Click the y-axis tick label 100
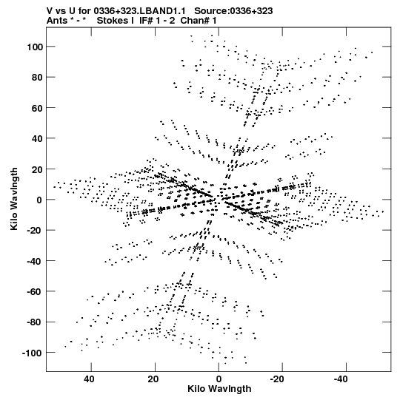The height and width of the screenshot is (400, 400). point(35,47)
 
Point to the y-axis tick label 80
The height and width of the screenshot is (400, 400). point(37,78)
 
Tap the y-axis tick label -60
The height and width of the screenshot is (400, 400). point(35,291)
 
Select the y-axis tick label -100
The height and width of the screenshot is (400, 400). point(32,353)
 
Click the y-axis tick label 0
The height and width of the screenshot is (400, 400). point(39,200)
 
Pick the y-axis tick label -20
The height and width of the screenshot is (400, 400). point(35,231)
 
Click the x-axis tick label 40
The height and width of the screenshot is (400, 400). point(89,379)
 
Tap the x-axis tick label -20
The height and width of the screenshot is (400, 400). point(277,379)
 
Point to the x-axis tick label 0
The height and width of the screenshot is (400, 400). point(219,379)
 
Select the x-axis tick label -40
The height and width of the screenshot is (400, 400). point(341,379)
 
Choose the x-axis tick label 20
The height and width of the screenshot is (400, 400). point(153,379)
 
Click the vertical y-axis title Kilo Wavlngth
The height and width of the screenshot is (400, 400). point(14,199)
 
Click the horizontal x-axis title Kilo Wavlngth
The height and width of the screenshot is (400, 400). point(219,389)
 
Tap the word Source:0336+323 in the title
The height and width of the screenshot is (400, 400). point(233,11)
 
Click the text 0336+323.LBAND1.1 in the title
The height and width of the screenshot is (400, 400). point(139,11)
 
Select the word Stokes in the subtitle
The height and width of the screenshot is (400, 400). point(111,21)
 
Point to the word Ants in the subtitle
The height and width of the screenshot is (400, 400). point(57,21)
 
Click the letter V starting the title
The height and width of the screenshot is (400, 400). point(50,11)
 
